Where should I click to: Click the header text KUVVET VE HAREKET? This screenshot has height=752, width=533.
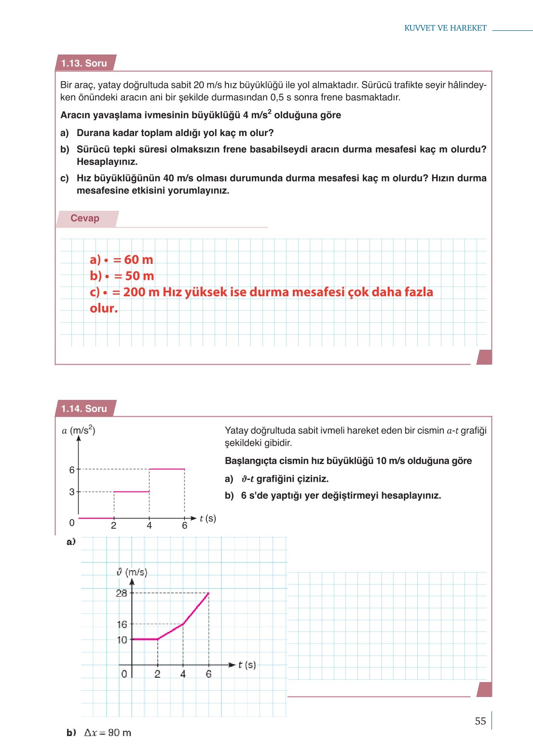click(x=445, y=28)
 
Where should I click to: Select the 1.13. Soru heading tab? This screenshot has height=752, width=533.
click(x=84, y=63)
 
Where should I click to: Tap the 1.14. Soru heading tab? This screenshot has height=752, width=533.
click(x=84, y=409)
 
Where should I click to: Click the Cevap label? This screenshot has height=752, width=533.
click(x=85, y=218)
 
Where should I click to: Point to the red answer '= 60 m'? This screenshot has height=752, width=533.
click(x=133, y=260)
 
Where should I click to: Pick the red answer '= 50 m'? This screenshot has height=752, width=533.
click(x=134, y=276)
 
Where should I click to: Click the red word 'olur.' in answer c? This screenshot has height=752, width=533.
click(x=104, y=308)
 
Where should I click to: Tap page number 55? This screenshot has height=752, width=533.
click(x=480, y=721)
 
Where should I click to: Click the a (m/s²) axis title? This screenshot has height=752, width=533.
click(x=79, y=430)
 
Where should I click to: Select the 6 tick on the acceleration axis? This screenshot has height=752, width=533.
click(x=72, y=469)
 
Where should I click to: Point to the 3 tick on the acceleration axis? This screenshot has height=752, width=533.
click(x=72, y=492)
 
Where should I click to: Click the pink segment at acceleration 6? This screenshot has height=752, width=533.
click(x=167, y=469)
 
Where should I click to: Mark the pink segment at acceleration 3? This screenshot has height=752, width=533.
click(x=131, y=492)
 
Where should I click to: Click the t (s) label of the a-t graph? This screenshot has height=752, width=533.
click(x=208, y=518)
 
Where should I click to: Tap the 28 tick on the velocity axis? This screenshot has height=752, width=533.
click(x=122, y=593)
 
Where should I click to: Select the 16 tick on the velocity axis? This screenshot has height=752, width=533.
click(x=122, y=624)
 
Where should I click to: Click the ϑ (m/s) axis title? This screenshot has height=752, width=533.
click(x=132, y=572)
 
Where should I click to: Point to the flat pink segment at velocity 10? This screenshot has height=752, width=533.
click(x=145, y=639)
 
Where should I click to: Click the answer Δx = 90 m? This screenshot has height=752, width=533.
click(x=107, y=732)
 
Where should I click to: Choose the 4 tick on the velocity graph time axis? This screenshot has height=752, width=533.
click(x=183, y=674)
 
